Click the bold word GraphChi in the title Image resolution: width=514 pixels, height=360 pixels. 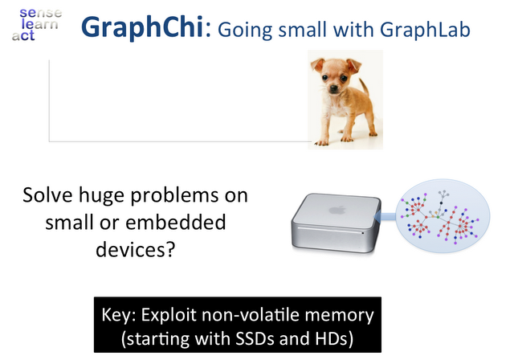[x=143, y=27]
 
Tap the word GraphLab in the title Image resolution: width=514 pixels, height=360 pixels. [x=425, y=30]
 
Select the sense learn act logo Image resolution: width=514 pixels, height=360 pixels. [x=37, y=25]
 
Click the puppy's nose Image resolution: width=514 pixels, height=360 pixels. [x=334, y=88]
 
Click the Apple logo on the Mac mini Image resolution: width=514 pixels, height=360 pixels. [x=337, y=210]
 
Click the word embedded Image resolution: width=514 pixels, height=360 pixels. [x=176, y=222]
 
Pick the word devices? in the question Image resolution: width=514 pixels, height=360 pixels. [x=136, y=249]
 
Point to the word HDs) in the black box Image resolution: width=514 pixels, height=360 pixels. [x=334, y=339]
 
